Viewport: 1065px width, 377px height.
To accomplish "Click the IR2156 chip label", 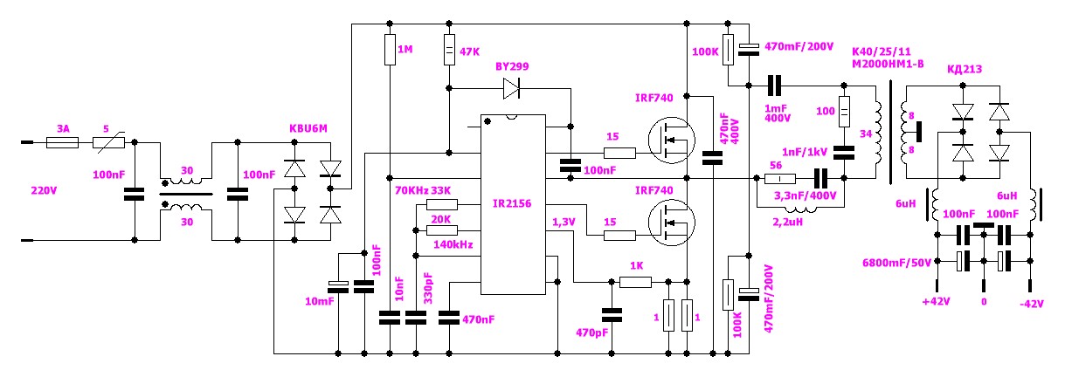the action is pyautogui.click(x=512, y=203).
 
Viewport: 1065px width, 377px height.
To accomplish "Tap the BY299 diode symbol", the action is pyautogui.click(x=511, y=88).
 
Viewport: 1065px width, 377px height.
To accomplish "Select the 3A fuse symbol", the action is pyautogui.click(x=62, y=142).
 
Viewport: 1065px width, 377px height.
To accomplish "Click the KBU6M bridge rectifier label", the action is pyautogui.click(x=308, y=128).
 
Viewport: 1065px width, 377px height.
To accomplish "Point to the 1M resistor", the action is pyautogui.click(x=390, y=50).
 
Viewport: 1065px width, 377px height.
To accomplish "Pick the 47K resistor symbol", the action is pyautogui.click(x=449, y=50).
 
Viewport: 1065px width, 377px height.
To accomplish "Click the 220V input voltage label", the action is pyautogui.click(x=44, y=191).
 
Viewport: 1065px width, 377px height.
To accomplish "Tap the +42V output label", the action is pyautogui.click(x=936, y=302).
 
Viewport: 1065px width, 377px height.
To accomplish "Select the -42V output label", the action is pyautogui.click(x=1031, y=304).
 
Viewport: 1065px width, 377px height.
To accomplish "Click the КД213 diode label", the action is pyautogui.click(x=965, y=69).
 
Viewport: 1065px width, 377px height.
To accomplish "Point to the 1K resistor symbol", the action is pyautogui.click(x=636, y=282).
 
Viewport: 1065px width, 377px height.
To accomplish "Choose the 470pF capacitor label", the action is pyautogui.click(x=592, y=333).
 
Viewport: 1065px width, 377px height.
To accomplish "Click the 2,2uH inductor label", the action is pyautogui.click(x=788, y=222).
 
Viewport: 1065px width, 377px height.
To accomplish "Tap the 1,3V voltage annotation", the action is pyautogui.click(x=564, y=222).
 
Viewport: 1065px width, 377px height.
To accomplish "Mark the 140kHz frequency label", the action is pyautogui.click(x=453, y=245).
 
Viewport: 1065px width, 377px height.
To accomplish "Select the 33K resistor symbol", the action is pyautogui.click(x=442, y=204).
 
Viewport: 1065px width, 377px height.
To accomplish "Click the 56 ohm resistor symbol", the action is pyautogui.click(x=779, y=179).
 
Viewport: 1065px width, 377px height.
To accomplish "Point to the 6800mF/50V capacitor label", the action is pyautogui.click(x=896, y=263).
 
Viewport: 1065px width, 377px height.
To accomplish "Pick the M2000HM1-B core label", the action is pyautogui.click(x=888, y=64).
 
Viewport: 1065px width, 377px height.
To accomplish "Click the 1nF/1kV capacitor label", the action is pyautogui.click(x=805, y=152).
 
